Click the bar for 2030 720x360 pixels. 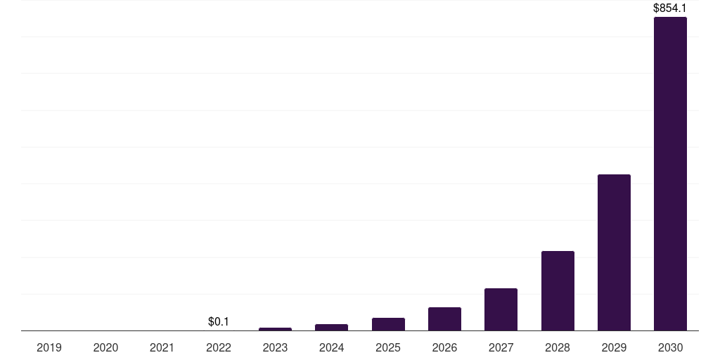coord(670,174)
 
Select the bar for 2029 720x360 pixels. coord(614,252)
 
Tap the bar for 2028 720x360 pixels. coord(558,290)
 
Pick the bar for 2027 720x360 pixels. coord(501,309)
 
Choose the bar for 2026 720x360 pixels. coord(444,319)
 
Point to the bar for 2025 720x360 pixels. coord(388,324)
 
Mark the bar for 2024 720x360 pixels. coord(331,327)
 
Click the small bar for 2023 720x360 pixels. coord(275,329)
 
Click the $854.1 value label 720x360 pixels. coord(670,8)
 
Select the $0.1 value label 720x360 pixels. coord(219,321)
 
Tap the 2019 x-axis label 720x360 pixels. coord(49,347)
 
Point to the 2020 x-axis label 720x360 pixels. coord(105,347)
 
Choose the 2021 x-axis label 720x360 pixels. coord(162,347)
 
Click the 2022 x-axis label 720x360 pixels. coord(219,347)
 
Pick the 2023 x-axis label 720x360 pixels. coord(275,347)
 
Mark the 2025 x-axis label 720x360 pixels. coord(388,347)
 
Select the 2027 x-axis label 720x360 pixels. coord(501,347)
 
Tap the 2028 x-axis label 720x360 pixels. coord(558,347)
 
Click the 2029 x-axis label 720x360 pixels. coord(614,347)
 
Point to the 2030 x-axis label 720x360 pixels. coord(670,347)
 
